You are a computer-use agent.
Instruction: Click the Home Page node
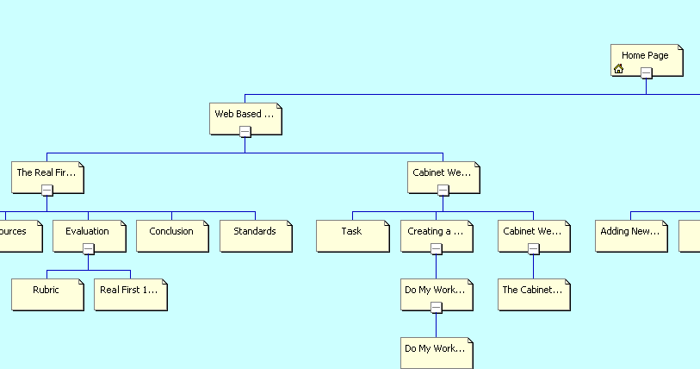tap(646, 56)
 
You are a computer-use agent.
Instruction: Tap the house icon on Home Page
tap(618, 69)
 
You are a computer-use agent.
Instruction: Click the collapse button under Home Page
tap(646, 73)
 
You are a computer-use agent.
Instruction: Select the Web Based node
tap(245, 114)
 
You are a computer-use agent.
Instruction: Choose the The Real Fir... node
tap(46, 173)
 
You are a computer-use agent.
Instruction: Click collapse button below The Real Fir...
tap(47, 191)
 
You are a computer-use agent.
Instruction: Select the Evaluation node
tap(87, 231)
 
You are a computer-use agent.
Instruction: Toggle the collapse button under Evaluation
tap(88, 249)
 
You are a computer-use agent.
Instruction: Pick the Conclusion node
tap(171, 232)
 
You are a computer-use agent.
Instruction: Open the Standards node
tap(255, 232)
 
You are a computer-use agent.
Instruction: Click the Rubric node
tap(46, 291)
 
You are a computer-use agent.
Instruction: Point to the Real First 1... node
tap(129, 291)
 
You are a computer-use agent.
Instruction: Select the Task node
tap(351, 232)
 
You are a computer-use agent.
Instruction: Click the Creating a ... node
tap(436, 231)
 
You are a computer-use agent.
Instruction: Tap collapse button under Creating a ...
tap(436, 249)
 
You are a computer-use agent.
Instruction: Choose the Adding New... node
tap(631, 232)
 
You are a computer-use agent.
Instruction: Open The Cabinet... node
tap(533, 291)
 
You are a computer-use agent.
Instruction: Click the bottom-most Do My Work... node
tap(436, 349)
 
